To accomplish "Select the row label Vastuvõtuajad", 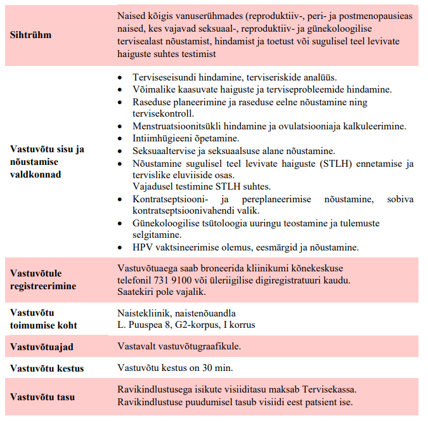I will point(42,347).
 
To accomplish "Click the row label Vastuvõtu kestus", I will point(47,368).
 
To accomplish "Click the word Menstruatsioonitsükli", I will point(175,126).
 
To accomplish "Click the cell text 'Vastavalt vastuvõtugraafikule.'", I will point(179,346).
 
